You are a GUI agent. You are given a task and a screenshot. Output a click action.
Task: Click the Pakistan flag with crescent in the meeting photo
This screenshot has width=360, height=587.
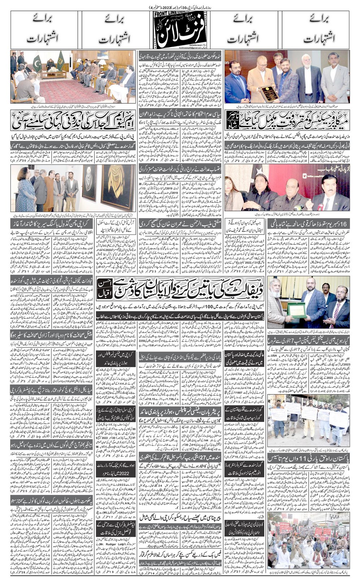pyautogui.click(x=37, y=62)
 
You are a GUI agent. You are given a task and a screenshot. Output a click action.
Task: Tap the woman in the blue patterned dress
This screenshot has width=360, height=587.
pyautogui.click(x=24, y=195)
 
